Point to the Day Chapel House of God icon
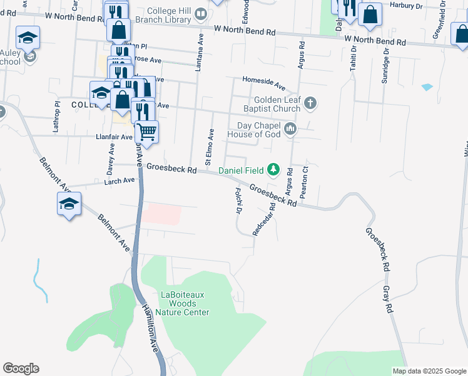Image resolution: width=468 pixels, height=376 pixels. click(290, 130)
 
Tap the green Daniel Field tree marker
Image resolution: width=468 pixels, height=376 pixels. click(273, 169)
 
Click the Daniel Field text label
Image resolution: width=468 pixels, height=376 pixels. click(241, 170)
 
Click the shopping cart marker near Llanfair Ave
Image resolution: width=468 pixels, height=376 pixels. click(146, 132)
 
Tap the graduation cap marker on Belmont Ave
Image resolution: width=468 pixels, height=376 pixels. click(69, 203)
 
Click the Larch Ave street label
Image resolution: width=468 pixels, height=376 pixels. click(120, 180)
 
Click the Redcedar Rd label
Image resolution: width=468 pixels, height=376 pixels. click(263, 220)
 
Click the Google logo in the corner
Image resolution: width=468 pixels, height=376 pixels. click(21, 368)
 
